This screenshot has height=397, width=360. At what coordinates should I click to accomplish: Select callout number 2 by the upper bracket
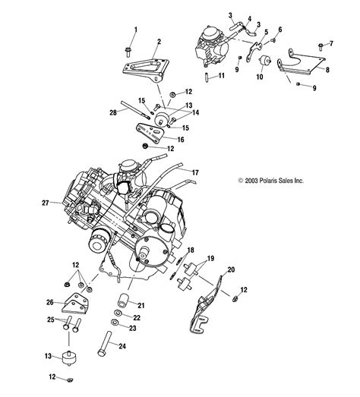159,42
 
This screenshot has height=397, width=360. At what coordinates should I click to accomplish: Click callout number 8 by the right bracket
327,69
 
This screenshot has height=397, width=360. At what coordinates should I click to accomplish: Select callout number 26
51,303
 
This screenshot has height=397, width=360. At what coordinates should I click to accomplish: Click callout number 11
221,76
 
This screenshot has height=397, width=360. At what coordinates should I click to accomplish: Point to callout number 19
210,259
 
